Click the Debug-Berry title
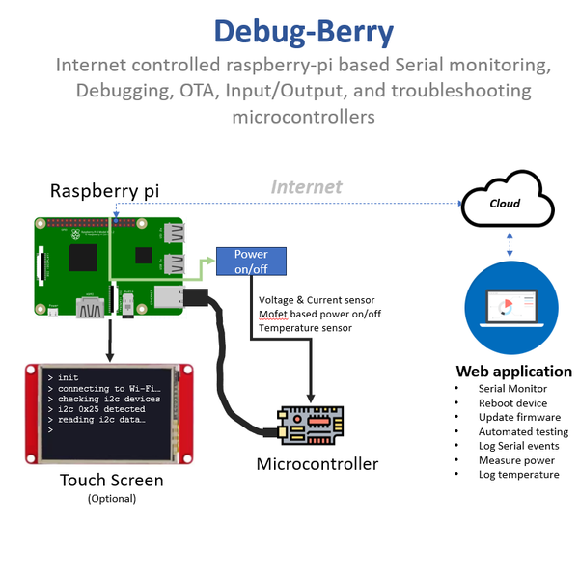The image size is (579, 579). [303, 32]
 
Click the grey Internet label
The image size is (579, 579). [306, 187]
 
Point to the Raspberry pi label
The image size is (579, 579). [104, 191]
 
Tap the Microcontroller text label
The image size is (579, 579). [317, 464]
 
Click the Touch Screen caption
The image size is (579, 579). [111, 480]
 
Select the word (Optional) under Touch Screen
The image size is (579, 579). [111, 498]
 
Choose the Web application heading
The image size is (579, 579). [513, 372]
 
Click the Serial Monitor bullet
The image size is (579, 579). [511, 388]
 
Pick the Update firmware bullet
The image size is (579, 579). [518, 417]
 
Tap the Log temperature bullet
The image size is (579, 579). [518, 475]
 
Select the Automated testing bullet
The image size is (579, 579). [523, 431]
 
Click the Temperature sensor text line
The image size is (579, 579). [305, 328]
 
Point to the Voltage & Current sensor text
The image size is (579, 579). [317, 300]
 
